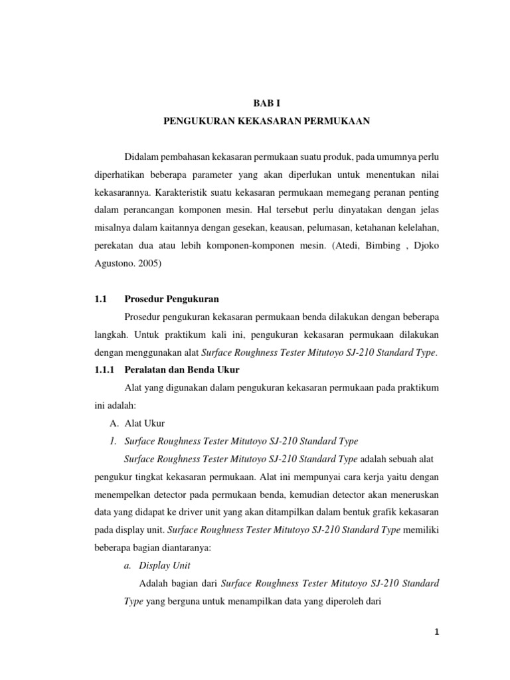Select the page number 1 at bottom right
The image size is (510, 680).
point(437,632)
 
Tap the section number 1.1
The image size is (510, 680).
point(101,299)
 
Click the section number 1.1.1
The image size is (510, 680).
point(106,369)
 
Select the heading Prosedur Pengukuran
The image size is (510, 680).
point(171,299)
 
